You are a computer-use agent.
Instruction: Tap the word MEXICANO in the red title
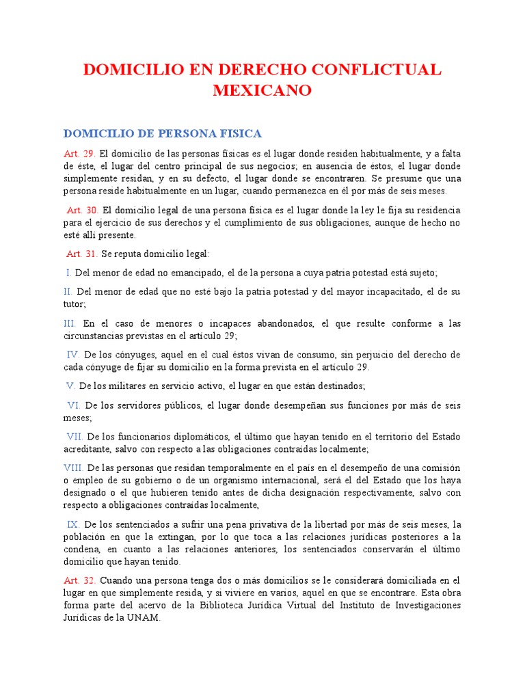[x=262, y=90]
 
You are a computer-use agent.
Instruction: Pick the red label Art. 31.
[x=82, y=254]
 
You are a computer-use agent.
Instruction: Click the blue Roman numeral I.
[x=68, y=273]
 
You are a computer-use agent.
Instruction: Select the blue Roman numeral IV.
[x=74, y=355]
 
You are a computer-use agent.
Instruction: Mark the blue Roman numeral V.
[x=70, y=386]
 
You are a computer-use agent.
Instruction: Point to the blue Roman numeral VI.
[x=73, y=405]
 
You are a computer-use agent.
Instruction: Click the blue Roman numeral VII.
[x=75, y=437]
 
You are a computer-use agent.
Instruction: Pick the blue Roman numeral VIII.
[x=73, y=468]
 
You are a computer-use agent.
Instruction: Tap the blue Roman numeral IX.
[x=73, y=524]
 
